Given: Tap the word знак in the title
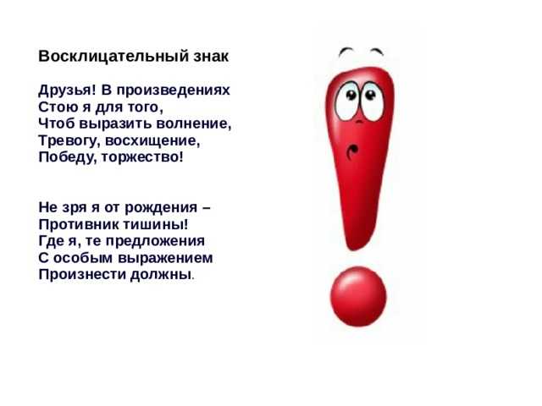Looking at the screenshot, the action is [211, 57].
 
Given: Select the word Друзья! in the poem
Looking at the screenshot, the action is [67, 91].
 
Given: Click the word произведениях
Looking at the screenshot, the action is [173, 91].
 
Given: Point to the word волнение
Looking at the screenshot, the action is [193, 123].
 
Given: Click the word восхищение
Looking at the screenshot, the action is [152, 140].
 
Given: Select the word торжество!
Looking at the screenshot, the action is [142, 157].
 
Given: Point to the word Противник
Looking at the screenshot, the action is [79, 224].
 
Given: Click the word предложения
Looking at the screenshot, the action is [155, 240].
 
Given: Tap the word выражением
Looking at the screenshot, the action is [166, 258].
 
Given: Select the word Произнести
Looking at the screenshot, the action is [82, 275].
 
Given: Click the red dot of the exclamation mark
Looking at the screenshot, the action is [358, 296].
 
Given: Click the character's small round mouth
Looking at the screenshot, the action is [352, 152].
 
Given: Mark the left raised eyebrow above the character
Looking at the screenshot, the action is [346, 52].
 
